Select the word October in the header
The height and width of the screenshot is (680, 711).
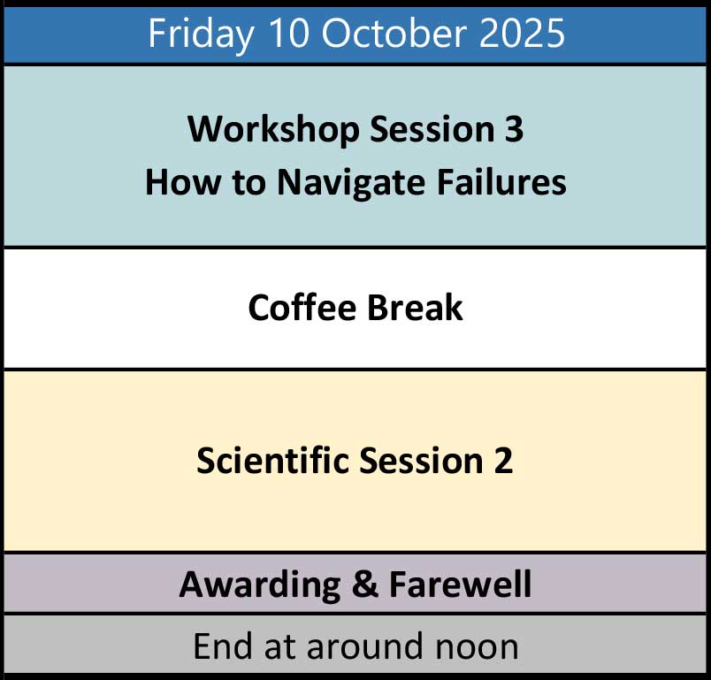[394, 33]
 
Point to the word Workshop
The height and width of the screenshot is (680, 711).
[273, 131]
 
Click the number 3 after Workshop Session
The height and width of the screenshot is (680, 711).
[514, 129]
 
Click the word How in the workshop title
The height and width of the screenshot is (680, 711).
[182, 182]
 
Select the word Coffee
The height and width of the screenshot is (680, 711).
[302, 308]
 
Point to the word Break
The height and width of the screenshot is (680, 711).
[415, 308]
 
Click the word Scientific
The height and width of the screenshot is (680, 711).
[271, 460]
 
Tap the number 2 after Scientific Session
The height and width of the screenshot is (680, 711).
[503, 460]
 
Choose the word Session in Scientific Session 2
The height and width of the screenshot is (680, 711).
[421, 460]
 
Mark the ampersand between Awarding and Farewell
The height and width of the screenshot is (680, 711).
[364, 584]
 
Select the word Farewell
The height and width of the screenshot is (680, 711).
[460, 584]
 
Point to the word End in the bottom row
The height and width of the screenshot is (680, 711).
[223, 646]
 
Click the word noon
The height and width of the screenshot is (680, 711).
[477, 649]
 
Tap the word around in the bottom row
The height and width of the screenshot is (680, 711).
[366, 646]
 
